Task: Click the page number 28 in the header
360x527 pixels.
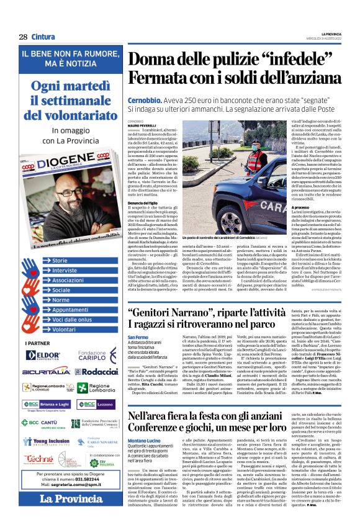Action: pyautogui.click(x=23, y=37)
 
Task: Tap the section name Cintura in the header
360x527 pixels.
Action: pyautogui.click(x=43, y=37)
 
